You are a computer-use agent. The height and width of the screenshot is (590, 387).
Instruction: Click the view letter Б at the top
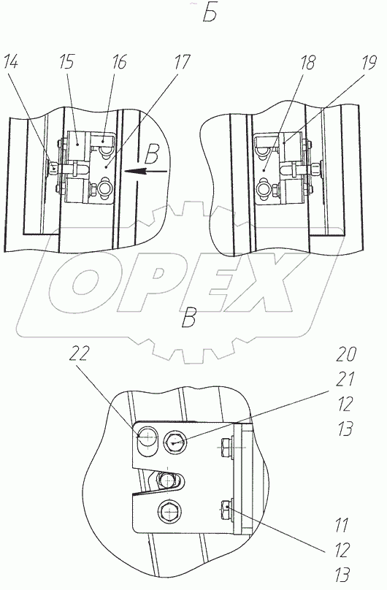point(210,15)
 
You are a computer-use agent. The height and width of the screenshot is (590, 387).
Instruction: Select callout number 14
point(11,62)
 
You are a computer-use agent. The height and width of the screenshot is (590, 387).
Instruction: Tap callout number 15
point(67,62)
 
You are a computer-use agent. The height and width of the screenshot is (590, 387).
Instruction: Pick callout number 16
point(119,62)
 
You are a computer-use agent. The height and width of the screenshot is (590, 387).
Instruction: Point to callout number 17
point(183,62)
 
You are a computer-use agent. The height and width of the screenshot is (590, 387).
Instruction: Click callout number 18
point(307,63)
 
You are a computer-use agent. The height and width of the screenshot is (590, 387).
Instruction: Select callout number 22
point(80,353)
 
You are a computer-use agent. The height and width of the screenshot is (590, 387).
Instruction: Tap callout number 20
point(345,354)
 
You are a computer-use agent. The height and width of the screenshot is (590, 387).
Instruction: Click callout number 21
point(345,378)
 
